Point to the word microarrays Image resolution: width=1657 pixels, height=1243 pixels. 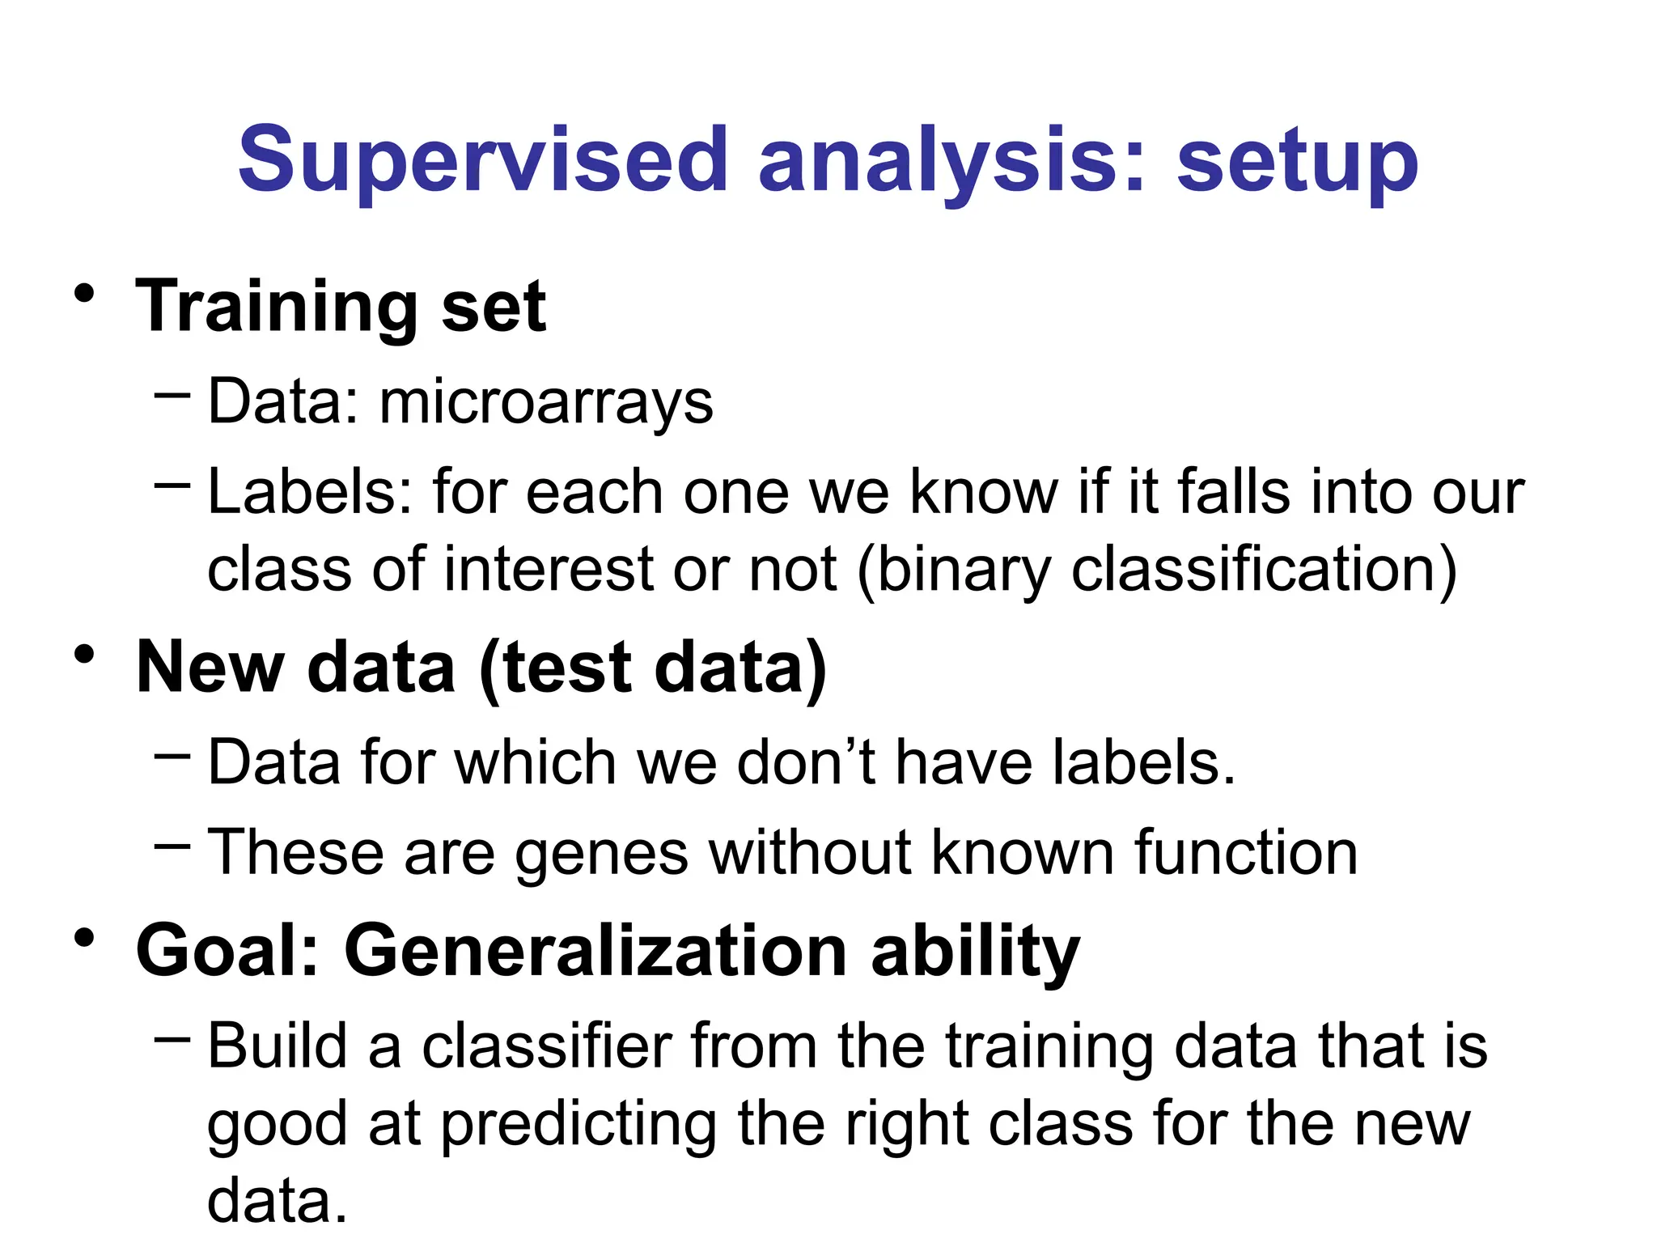pyautogui.click(x=546, y=401)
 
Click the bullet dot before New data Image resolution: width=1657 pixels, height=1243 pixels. pyautogui.click(x=84, y=654)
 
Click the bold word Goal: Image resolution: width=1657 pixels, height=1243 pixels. pyautogui.click(x=227, y=950)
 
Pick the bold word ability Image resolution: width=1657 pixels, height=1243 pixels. pyautogui.click(x=975, y=950)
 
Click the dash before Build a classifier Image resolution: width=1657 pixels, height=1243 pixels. pyautogui.click(x=172, y=1037)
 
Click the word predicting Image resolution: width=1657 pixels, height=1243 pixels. pyautogui.click(x=578, y=1125)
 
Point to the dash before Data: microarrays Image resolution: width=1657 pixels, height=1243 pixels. pyautogui.click(x=172, y=395)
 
